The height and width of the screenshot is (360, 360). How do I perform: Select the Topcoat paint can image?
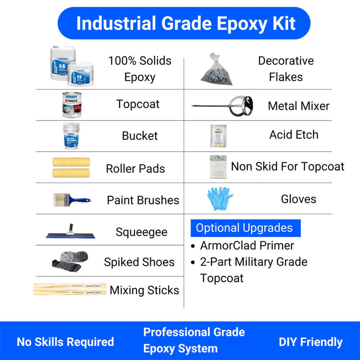(72, 105)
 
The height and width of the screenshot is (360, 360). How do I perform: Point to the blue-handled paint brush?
(71, 199)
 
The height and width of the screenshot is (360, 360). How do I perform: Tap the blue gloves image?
(219, 199)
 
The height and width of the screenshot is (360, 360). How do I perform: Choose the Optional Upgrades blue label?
(245, 228)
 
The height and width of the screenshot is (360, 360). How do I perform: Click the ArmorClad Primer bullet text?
(247, 246)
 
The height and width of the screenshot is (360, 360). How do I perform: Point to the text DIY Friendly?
(310, 342)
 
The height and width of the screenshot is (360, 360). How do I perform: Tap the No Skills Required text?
(65, 342)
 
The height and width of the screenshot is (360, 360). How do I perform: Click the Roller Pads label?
(135, 169)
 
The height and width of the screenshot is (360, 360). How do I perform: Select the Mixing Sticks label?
(144, 290)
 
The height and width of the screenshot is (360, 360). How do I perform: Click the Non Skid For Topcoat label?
(288, 166)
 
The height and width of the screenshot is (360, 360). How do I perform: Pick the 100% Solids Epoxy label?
(139, 69)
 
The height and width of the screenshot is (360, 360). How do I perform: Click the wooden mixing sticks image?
(70, 289)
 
